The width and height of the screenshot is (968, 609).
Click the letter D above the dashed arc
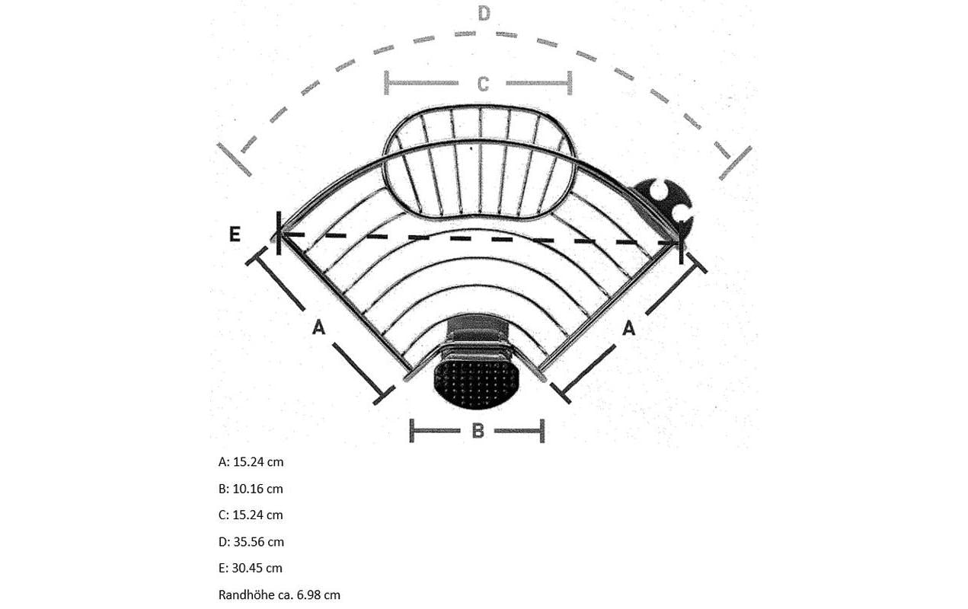(484, 14)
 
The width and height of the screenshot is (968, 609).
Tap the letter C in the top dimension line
(483, 84)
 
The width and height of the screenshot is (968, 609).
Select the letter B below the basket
(478, 431)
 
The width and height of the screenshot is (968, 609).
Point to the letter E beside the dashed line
(235, 234)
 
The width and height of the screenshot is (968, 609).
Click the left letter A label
(318, 327)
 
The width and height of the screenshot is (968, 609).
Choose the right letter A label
(629, 328)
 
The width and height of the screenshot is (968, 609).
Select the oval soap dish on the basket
(479, 162)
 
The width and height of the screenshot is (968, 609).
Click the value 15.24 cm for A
(258, 462)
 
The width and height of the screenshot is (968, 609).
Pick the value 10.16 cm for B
(258, 489)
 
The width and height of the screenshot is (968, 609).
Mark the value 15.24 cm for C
(258, 515)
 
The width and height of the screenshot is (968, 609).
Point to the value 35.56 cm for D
(259, 542)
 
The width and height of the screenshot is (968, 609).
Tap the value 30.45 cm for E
(257, 569)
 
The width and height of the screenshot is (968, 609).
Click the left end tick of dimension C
(387, 83)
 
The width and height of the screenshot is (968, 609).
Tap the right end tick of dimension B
(542, 431)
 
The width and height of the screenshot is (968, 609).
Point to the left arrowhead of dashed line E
(287, 235)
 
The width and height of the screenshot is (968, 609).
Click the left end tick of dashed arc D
(234, 159)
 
